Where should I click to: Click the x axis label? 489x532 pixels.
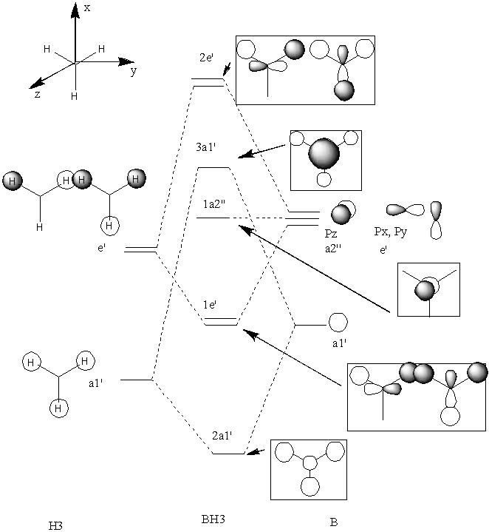(87, 7)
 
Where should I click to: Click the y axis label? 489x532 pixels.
(133, 72)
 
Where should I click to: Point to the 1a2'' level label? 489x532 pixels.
(213, 205)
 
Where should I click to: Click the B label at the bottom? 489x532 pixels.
(333, 520)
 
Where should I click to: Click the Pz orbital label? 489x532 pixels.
(331, 232)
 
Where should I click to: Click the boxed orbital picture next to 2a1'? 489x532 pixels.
(308, 468)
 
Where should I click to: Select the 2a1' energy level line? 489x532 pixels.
(228, 453)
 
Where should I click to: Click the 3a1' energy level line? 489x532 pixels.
(213, 168)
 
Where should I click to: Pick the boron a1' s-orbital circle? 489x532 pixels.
(338, 323)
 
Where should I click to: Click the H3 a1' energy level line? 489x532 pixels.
(135, 380)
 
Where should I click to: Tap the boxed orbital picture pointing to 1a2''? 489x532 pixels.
(428, 289)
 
